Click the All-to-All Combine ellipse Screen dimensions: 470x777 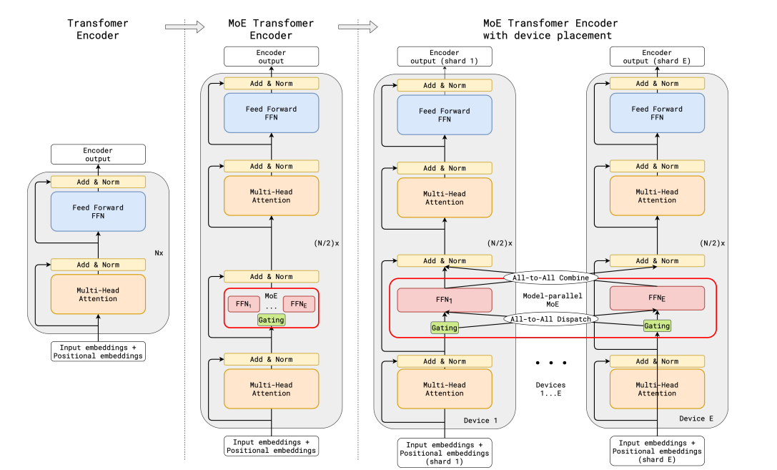tap(550, 278)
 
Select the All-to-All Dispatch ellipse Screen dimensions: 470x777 tap(550, 319)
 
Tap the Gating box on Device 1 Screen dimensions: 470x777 tap(444, 327)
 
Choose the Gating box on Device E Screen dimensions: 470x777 tap(657, 325)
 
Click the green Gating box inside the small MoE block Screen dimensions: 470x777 tap(271, 320)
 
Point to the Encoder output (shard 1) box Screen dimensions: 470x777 tap(444, 57)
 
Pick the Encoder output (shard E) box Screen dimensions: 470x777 tap(657, 57)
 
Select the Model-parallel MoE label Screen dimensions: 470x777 tap(550, 298)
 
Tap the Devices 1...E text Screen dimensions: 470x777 tap(550, 389)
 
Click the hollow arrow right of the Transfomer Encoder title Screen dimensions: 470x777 tap(174, 27)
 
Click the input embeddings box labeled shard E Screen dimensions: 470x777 tap(657, 451)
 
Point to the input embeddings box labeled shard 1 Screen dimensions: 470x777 tap(444, 453)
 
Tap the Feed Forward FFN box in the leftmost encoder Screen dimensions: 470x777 tap(98, 212)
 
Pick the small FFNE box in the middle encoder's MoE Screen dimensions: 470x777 tap(299, 303)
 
